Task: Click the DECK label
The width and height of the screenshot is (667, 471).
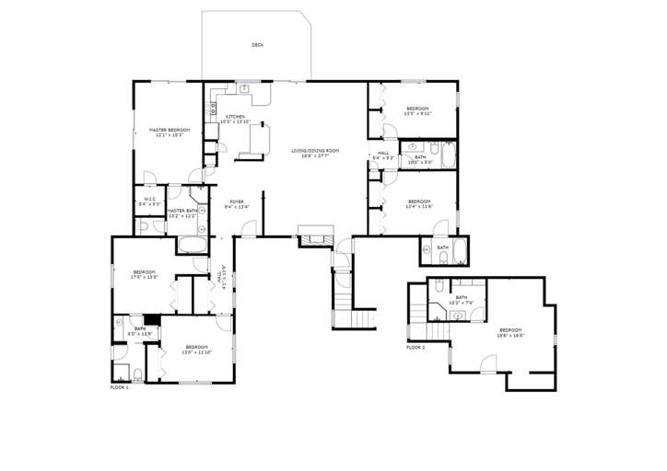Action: click(x=257, y=44)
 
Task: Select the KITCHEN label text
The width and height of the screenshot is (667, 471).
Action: click(x=235, y=119)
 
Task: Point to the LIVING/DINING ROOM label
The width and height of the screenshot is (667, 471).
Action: click(x=315, y=152)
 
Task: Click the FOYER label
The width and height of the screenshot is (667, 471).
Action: click(x=237, y=204)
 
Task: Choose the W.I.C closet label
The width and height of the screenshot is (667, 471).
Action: click(x=147, y=201)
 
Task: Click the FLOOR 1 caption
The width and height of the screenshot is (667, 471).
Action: click(x=120, y=387)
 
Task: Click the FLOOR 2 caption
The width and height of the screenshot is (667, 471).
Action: click(x=416, y=347)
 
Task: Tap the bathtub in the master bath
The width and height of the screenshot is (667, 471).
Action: click(x=192, y=245)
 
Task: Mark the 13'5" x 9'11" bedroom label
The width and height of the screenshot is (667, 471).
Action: click(x=417, y=110)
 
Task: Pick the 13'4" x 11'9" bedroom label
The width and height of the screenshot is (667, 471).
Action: click(x=419, y=203)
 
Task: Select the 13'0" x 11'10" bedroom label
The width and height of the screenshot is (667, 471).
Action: click(x=197, y=350)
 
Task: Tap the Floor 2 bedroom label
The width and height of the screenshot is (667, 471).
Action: click(x=510, y=332)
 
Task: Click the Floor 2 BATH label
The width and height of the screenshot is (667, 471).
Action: click(x=460, y=299)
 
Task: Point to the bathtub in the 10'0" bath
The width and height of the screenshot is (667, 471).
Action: click(x=447, y=157)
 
